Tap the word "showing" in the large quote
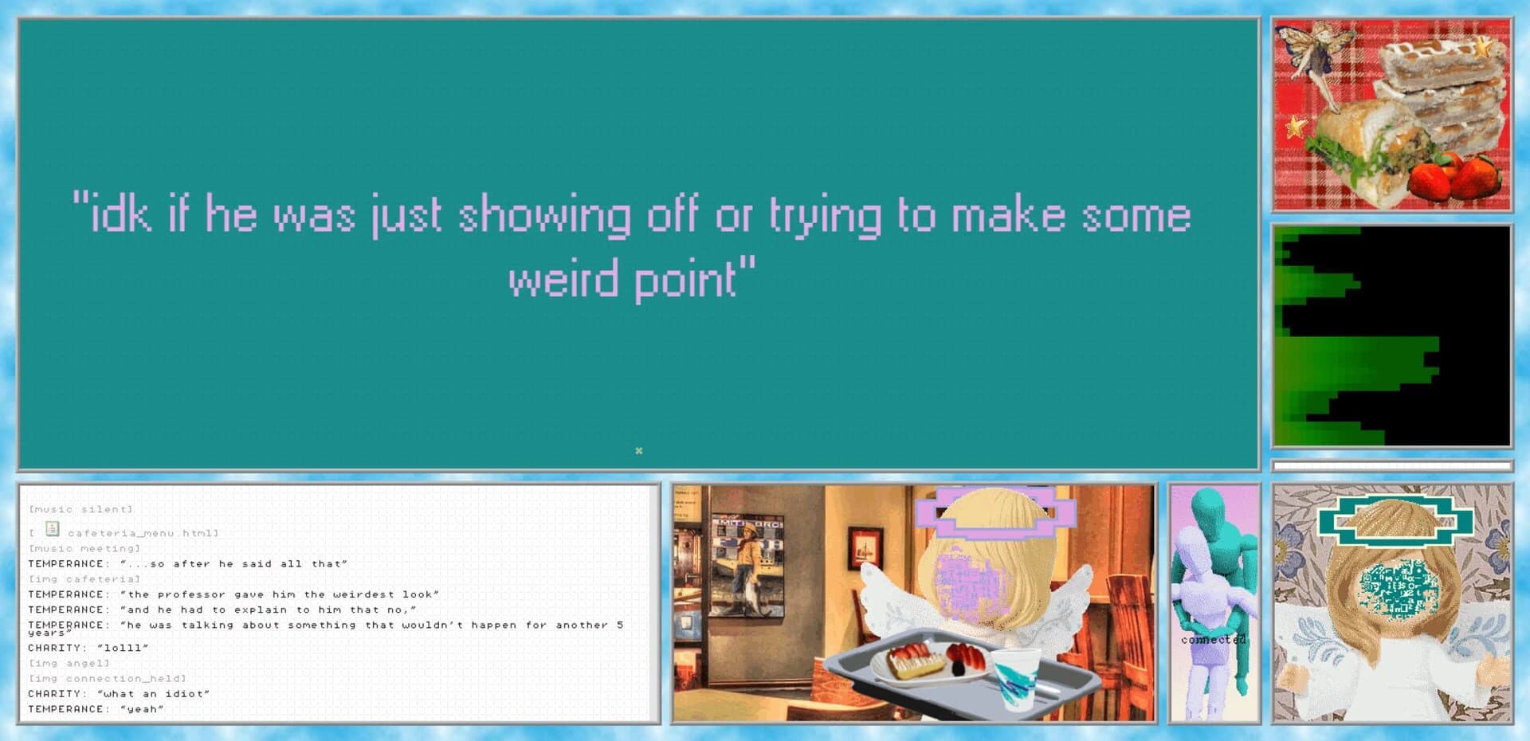(x=543, y=216)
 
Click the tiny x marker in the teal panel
(x=638, y=451)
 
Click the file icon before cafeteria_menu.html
(x=53, y=529)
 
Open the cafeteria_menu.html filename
(x=142, y=533)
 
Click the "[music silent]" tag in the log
(x=80, y=509)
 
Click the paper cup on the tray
(x=1014, y=677)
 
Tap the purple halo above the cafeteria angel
(x=995, y=511)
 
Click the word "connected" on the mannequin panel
(x=1213, y=640)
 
